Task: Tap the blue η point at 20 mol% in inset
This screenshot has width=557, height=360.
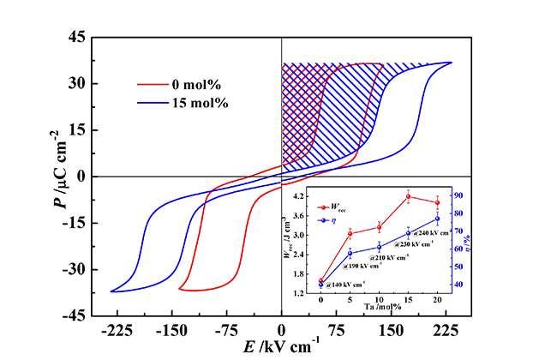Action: pos(437,219)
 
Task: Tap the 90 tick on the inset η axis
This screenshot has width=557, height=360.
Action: pos(459,196)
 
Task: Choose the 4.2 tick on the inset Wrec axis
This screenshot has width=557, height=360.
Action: pos(302,196)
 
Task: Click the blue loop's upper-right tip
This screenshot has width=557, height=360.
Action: pos(451,63)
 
